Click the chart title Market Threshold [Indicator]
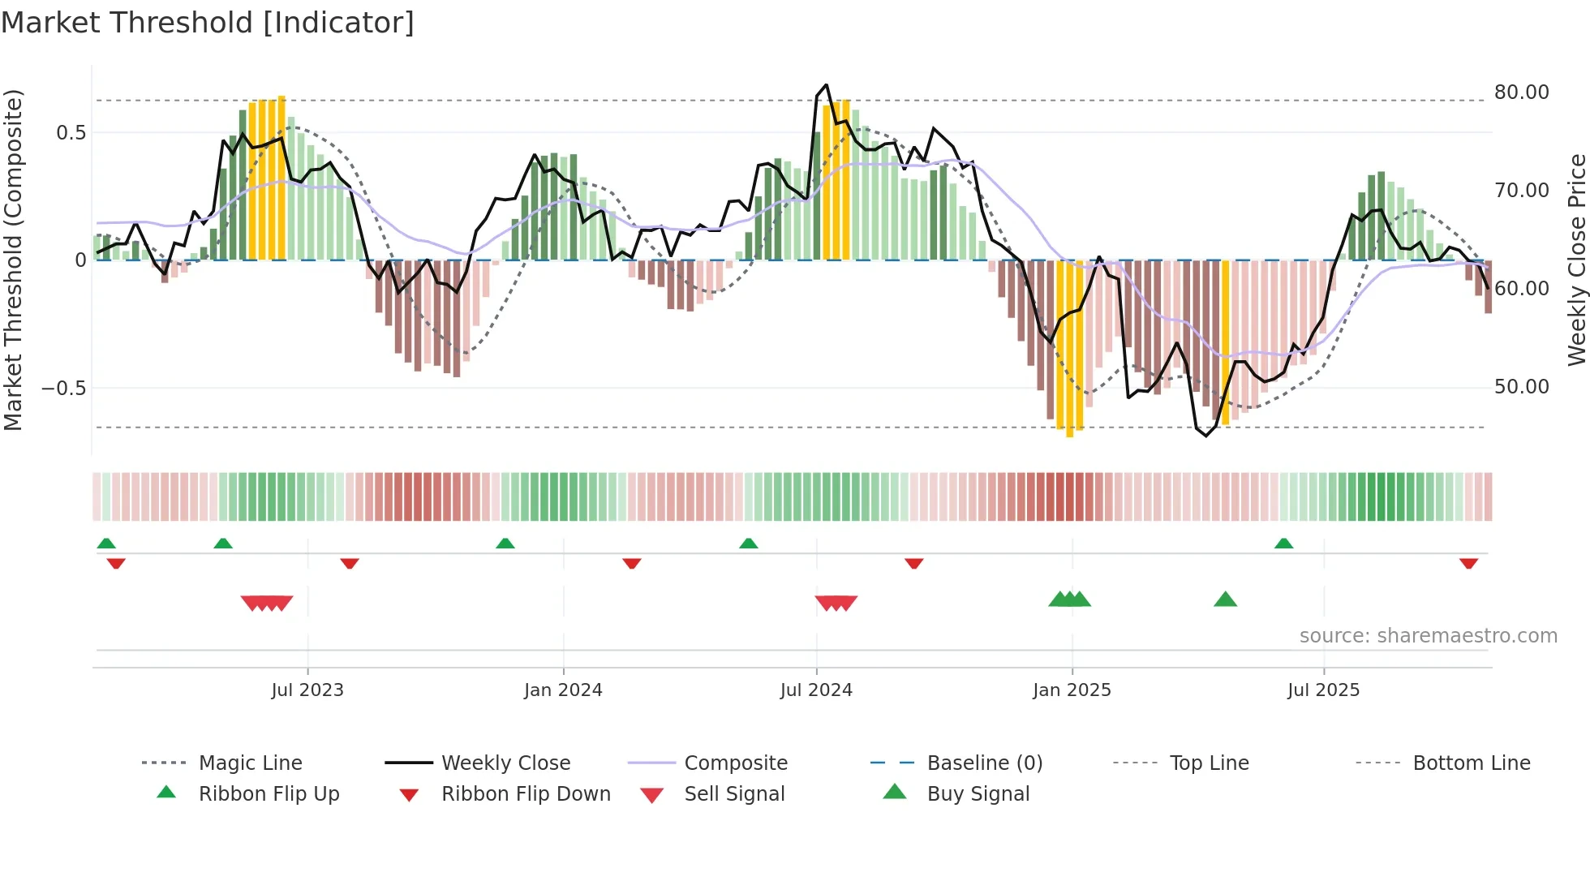click(208, 23)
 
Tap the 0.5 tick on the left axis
click(71, 132)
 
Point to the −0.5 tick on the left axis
click(64, 388)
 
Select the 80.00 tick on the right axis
click(1521, 92)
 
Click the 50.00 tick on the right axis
click(1521, 387)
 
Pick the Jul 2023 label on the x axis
click(307, 690)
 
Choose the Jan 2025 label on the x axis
click(1072, 690)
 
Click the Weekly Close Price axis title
click(1576, 260)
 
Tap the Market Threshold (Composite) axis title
click(13, 260)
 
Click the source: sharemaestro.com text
click(1428, 636)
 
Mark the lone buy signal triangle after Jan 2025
click(1225, 600)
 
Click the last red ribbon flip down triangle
click(1468, 563)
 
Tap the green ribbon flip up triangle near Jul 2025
click(1283, 544)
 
